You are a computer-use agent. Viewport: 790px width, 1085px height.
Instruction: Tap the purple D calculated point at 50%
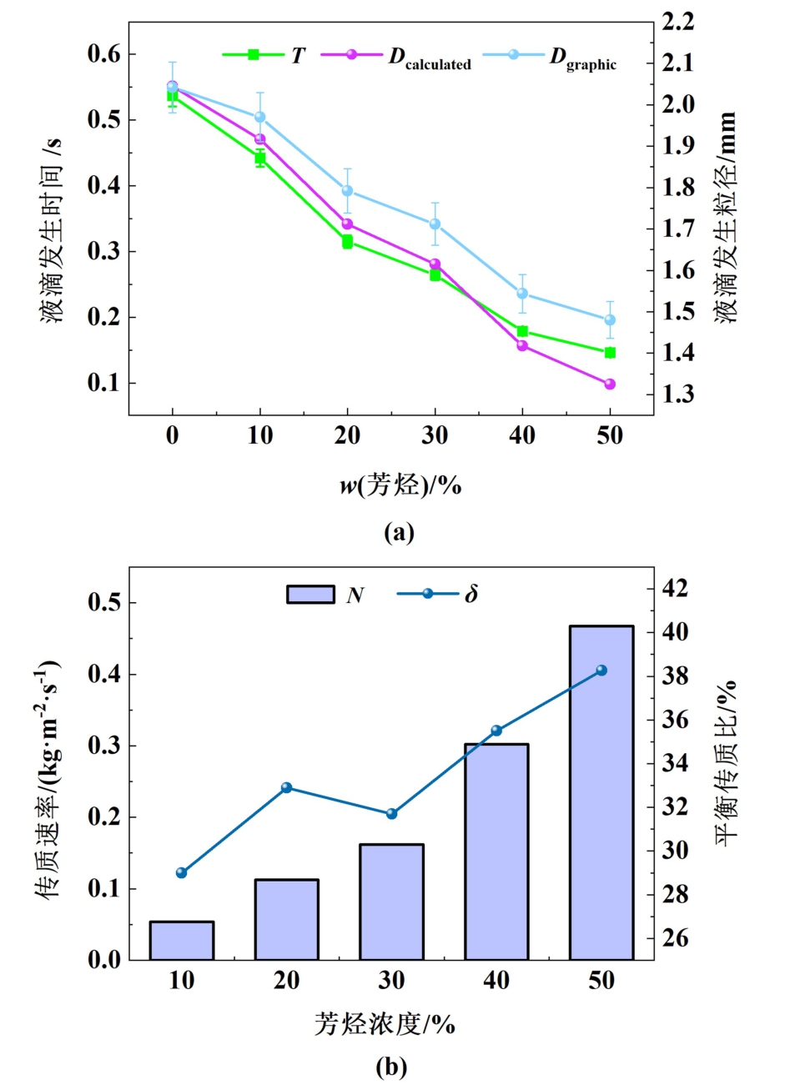coord(610,384)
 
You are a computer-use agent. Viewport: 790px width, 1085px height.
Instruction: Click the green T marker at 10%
coord(260,158)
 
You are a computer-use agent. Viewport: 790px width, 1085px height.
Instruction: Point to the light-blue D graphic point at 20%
coord(347,191)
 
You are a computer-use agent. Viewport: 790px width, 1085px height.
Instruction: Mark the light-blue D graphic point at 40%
coord(522,294)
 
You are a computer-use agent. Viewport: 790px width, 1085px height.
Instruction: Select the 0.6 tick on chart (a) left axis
coord(104,54)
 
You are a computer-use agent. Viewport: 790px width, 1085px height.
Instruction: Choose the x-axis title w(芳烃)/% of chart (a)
coord(400,485)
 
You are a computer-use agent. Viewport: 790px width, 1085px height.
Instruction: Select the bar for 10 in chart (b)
coord(182,940)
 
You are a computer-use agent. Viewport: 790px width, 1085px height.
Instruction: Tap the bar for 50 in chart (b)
coord(601,792)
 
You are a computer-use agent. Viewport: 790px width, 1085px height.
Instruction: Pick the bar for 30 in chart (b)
coord(392,902)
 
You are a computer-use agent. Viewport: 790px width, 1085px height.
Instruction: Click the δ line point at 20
coord(287,787)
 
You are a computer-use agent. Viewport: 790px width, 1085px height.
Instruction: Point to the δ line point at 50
coord(601,671)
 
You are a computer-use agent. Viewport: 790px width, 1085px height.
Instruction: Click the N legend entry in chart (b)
coord(325,594)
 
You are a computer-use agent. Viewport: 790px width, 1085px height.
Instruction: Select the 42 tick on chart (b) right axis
coord(677,589)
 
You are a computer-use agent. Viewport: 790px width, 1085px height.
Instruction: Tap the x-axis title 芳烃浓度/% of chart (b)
coord(385,1023)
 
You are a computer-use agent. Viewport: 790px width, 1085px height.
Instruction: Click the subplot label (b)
coord(391,1066)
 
